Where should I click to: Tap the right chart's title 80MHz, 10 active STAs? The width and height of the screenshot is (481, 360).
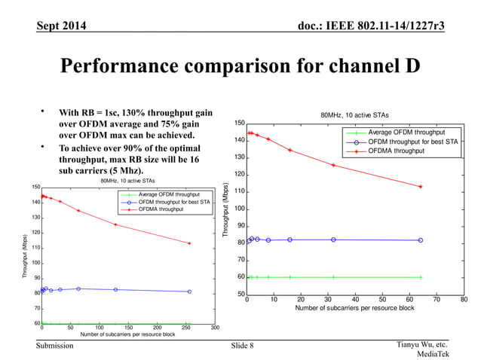[355, 114]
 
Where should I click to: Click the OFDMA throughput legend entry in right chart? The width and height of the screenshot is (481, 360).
[396, 151]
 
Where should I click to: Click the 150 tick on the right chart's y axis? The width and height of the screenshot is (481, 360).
[239, 124]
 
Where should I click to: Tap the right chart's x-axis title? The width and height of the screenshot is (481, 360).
[354, 309]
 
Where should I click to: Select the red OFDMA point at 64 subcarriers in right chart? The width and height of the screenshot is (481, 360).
[420, 187]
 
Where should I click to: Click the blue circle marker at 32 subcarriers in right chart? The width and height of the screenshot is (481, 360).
[333, 239]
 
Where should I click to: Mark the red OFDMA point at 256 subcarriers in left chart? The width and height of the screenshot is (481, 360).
[189, 243]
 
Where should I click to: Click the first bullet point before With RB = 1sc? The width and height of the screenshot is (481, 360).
[44, 111]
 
